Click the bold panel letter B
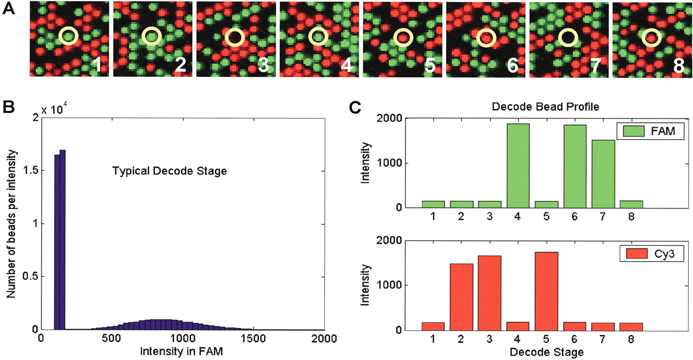[x=9, y=107]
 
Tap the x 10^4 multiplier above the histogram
[x=58, y=110]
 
